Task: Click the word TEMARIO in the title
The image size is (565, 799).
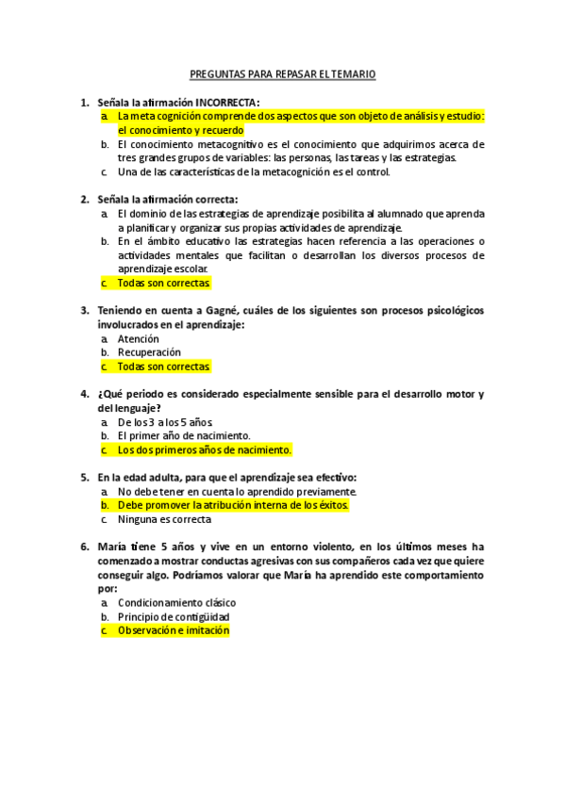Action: [x=354, y=73]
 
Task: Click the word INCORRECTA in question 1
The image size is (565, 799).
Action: [x=227, y=102]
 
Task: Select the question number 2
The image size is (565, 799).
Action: [x=84, y=199]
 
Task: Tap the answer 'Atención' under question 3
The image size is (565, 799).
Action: [x=138, y=338]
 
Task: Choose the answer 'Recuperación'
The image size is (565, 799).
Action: [x=149, y=352]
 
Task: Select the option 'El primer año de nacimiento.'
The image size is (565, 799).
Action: [x=183, y=435]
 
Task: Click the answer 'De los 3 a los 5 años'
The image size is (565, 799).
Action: [x=165, y=421]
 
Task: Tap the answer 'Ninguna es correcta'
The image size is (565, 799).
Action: [x=164, y=518]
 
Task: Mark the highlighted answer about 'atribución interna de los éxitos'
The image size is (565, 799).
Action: [x=233, y=505]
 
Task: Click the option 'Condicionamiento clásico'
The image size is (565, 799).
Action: [x=176, y=602]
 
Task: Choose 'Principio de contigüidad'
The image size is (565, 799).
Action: [x=174, y=616]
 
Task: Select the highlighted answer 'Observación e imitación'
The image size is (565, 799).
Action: [x=174, y=630]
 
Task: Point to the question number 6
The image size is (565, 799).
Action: [x=84, y=546]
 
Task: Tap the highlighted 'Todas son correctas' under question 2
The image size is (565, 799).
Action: [x=164, y=283]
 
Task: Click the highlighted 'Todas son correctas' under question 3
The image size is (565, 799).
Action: [x=164, y=366]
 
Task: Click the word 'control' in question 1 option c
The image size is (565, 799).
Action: [x=371, y=172]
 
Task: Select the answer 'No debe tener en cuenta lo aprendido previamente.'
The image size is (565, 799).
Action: [x=237, y=491]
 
